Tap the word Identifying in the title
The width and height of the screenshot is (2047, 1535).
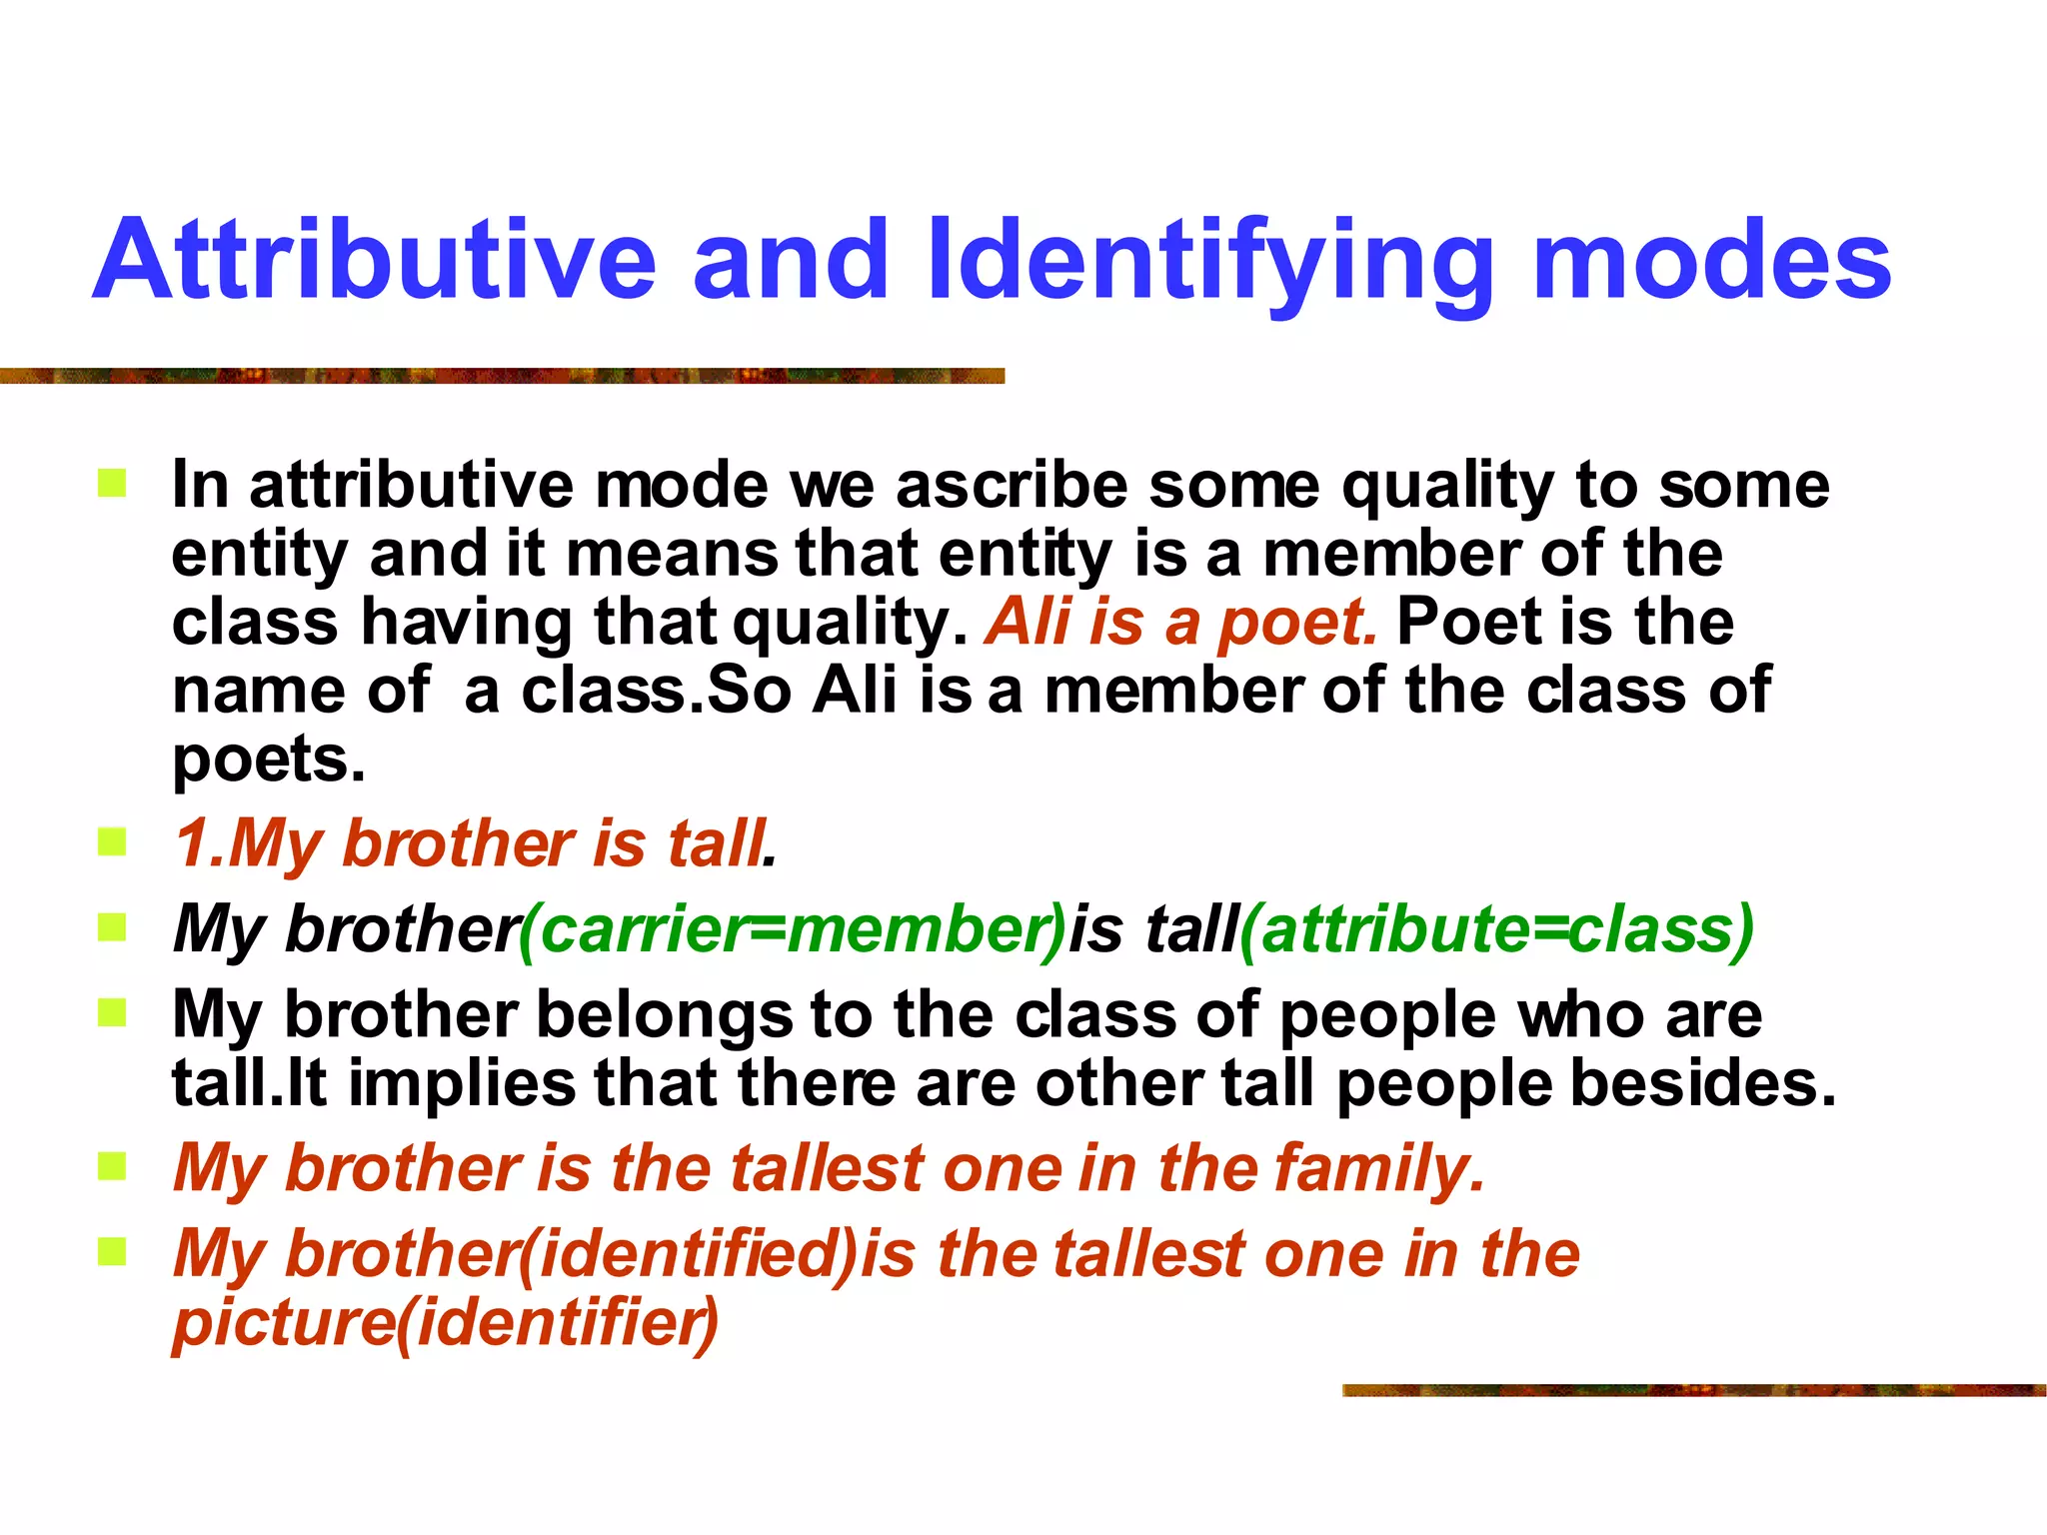[x=1208, y=262]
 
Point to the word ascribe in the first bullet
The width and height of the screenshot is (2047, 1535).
[x=1012, y=486]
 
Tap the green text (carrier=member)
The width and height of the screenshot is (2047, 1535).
[x=793, y=929]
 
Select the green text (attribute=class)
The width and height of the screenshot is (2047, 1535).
[x=1496, y=929]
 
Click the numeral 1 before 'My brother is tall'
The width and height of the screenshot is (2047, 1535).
[x=190, y=843]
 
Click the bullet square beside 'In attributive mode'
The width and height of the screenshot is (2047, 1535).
[x=112, y=485]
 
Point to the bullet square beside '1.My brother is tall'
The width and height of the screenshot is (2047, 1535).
[x=112, y=842]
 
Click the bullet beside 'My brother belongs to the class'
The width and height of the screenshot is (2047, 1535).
[x=112, y=1013]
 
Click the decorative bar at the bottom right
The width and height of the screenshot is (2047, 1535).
[x=1693, y=1390]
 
